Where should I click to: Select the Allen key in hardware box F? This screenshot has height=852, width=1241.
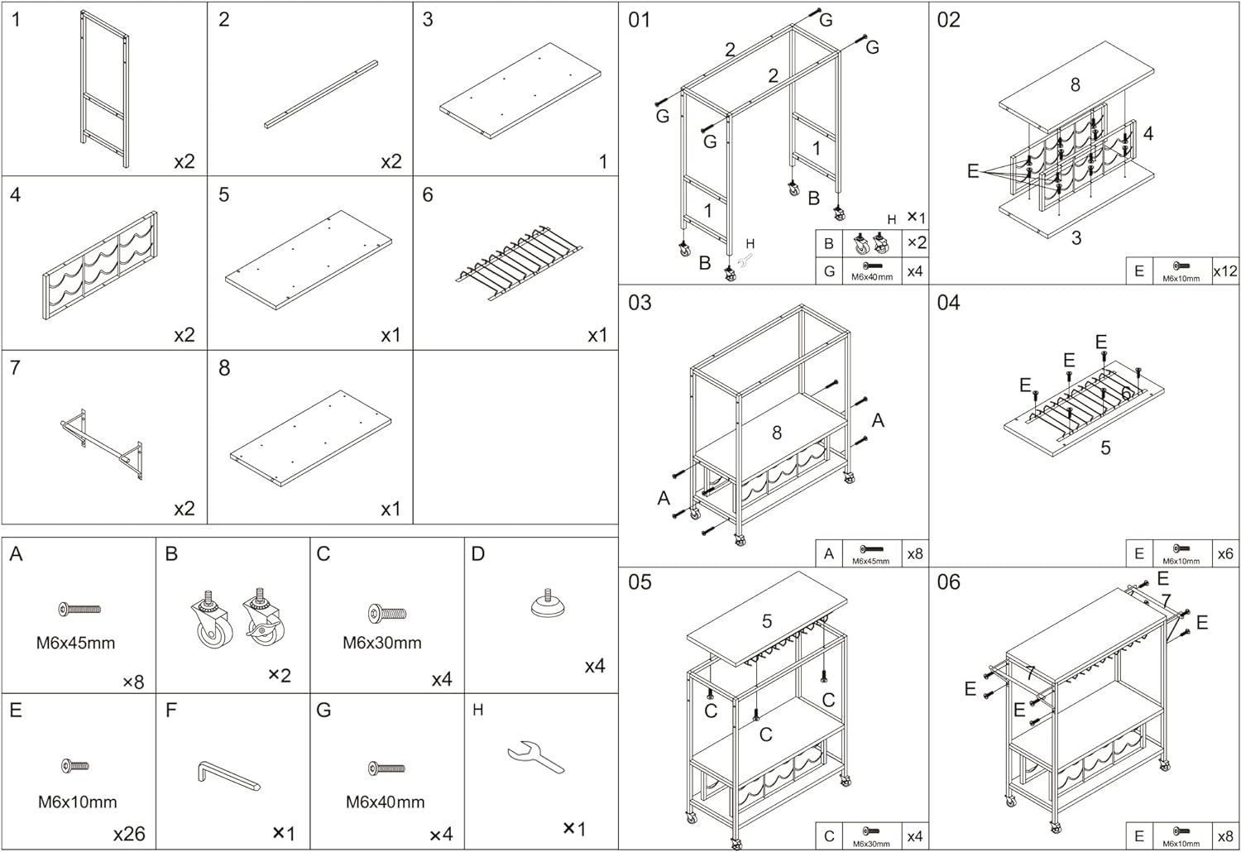[228, 775]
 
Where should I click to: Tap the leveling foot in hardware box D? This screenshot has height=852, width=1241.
[547, 605]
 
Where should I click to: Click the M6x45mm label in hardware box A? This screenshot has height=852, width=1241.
[75, 643]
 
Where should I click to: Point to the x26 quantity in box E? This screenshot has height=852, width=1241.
[129, 834]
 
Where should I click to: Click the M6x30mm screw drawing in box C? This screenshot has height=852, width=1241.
[386, 614]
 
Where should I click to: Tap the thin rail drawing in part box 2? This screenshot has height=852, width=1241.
[321, 94]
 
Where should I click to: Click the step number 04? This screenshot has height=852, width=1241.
[948, 303]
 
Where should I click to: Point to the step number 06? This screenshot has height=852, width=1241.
[948, 582]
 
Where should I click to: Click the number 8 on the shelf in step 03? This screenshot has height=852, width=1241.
[776, 433]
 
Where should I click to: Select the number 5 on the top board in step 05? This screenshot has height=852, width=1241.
[767, 620]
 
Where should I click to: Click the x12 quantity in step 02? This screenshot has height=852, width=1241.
[1224, 270]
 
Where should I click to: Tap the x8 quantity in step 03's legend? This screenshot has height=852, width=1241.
[914, 553]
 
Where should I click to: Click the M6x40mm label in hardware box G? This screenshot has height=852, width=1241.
[385, 802]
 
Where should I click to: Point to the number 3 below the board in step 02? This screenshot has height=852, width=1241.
[1076, 238]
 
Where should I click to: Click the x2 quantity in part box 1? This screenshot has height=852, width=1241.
[184, 161]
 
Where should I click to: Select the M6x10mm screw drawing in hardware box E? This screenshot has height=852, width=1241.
[75, 767]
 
